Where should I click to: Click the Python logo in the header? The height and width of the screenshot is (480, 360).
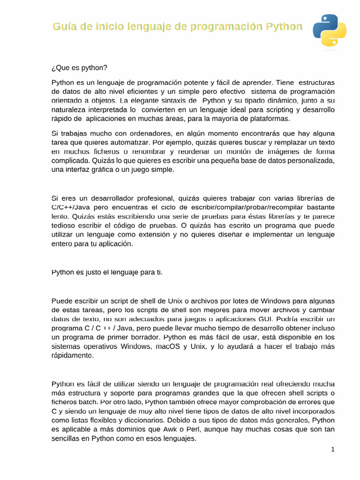pos(330,30)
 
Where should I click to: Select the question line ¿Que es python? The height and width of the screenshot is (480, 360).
pos(79,68)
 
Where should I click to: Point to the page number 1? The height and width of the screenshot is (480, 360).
pos(333,450)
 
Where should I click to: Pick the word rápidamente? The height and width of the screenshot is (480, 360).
pos(73,356)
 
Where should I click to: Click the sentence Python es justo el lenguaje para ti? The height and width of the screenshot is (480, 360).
pos(107,272)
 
